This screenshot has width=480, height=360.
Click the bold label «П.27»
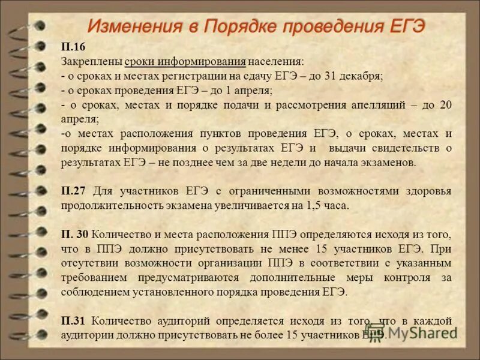[x=74, y=191]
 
